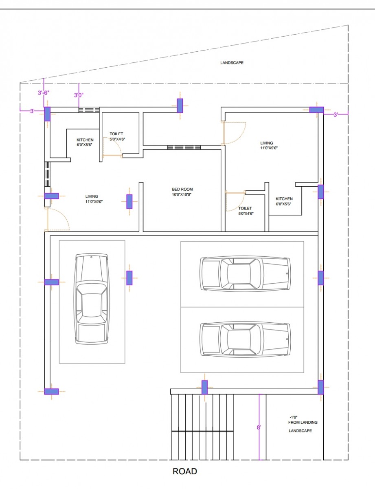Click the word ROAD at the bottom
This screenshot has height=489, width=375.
(185, 471)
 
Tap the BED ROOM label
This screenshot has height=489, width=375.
(182, 189)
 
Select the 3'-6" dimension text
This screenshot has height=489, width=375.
(43, 93)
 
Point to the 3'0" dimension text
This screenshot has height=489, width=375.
(79, 95)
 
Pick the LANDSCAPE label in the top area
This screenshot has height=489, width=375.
(232, 63)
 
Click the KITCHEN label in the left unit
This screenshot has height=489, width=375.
(85, 140)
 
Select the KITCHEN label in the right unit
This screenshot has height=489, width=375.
(284, 199)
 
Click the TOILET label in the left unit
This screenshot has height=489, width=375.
(116, 134)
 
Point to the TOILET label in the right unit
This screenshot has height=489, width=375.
(245, 208)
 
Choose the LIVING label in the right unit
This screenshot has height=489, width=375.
(267, 143)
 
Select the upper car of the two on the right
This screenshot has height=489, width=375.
(245, 273)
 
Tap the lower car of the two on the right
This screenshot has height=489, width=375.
(245, 340)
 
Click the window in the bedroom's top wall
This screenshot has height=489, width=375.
(184, 147)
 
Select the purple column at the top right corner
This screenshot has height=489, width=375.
(316, 110)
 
